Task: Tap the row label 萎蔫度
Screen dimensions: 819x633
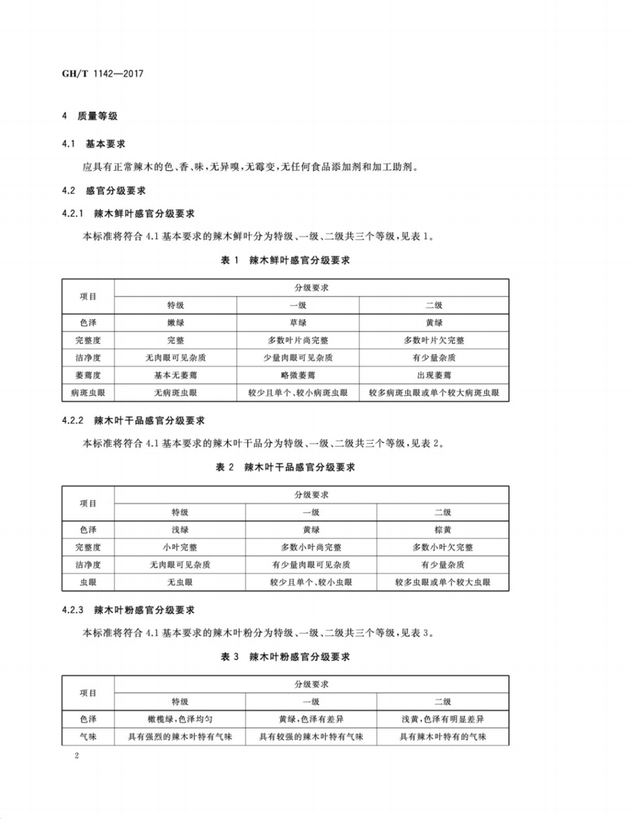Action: point(87,375)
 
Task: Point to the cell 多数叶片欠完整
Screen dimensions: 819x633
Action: point(434,340)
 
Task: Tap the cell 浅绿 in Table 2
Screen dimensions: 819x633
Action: point(180,530)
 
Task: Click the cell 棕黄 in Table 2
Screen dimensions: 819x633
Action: point(442,530)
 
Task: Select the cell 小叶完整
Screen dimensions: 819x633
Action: point(180,547)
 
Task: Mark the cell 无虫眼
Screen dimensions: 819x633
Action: point(180,582)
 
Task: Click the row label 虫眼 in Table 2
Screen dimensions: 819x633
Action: point(87,582)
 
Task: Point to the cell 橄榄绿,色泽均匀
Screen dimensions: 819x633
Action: point(180,719)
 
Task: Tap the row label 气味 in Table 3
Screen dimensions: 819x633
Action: point(87,737)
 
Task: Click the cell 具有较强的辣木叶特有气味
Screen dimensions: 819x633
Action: point(311,737)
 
